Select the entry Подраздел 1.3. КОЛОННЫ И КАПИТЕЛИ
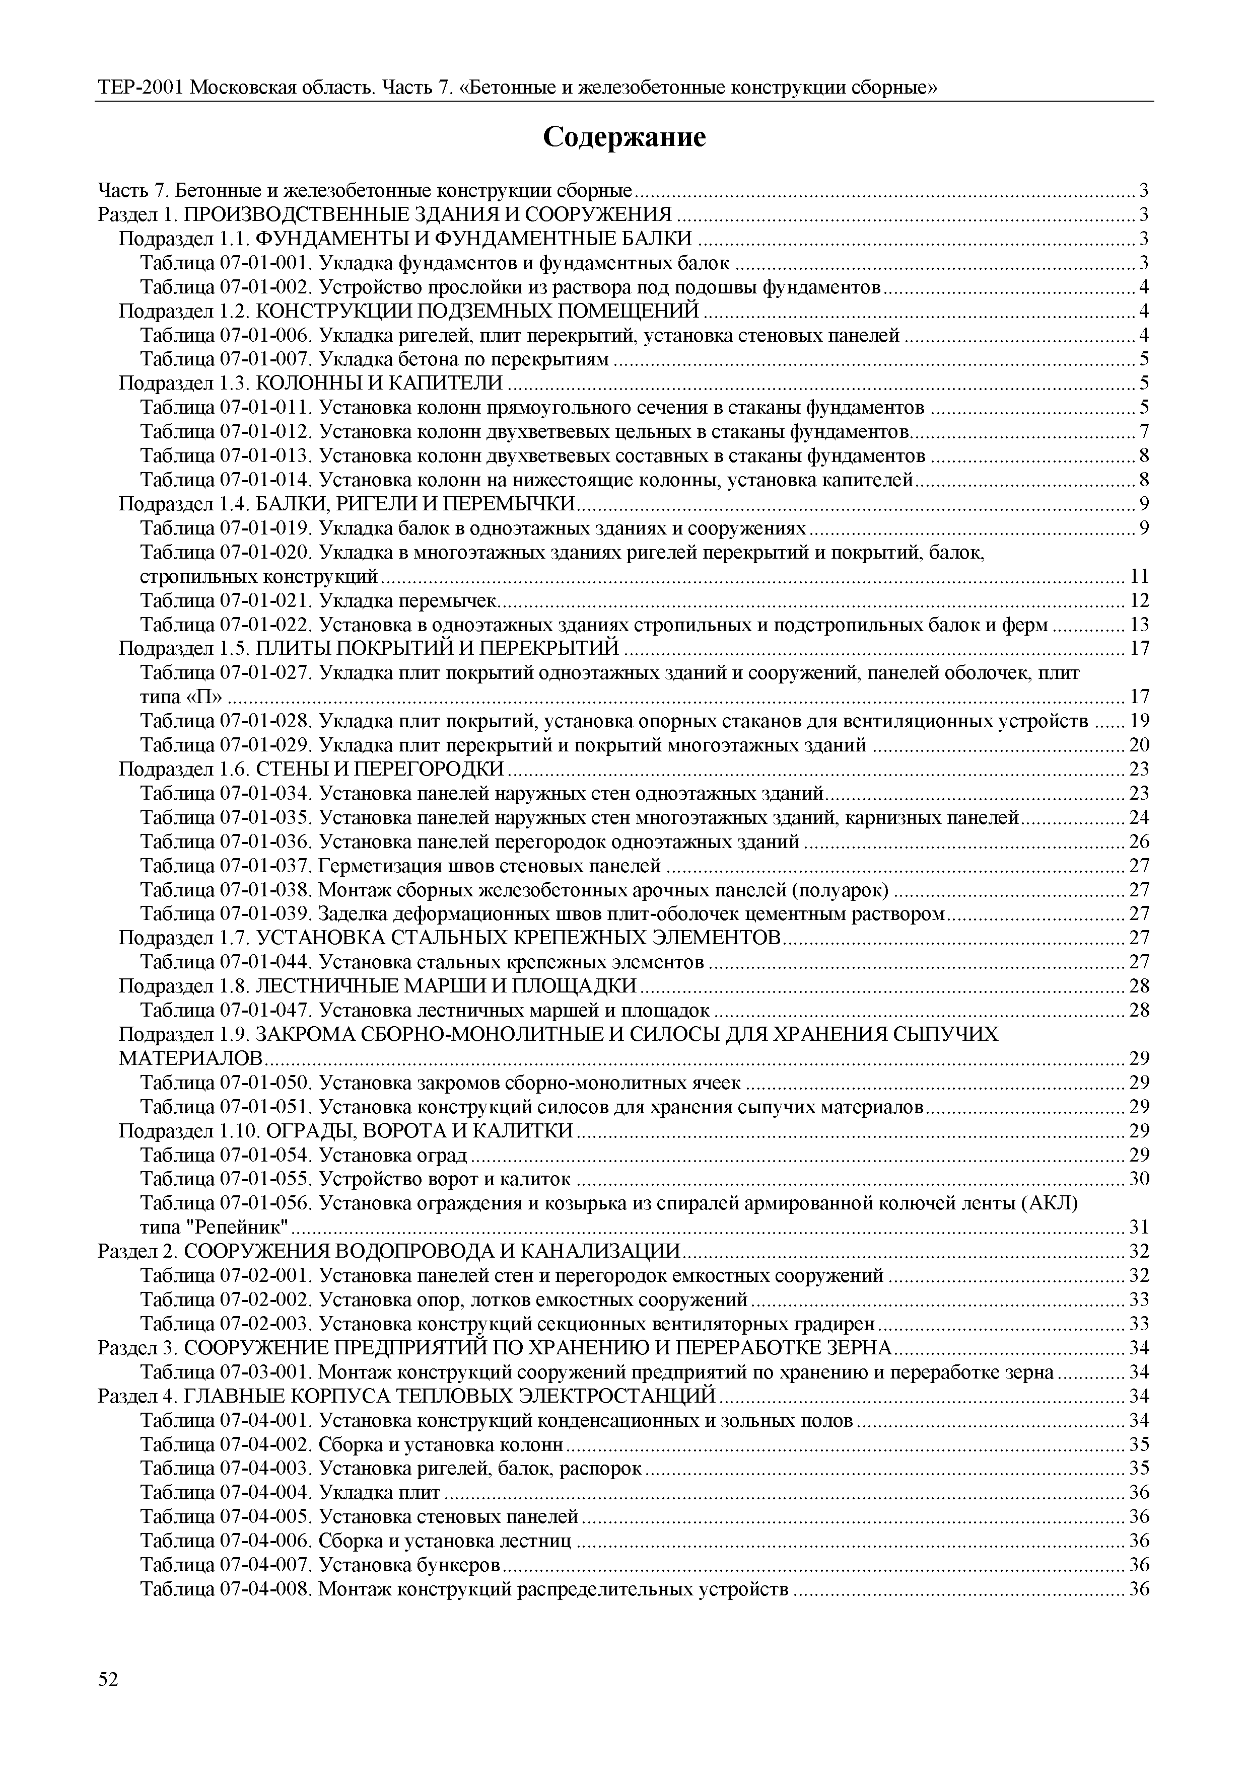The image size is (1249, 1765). (x=311, y=383)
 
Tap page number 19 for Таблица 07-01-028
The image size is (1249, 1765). (x=1139, y=721)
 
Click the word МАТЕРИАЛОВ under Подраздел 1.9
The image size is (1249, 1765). (x=191, y=1058)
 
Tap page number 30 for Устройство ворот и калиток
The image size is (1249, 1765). (x=1139, y=1179)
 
